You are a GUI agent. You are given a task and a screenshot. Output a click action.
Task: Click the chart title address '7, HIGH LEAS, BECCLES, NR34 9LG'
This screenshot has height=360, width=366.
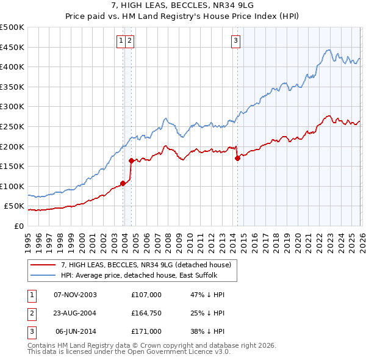click(x=183, y=5)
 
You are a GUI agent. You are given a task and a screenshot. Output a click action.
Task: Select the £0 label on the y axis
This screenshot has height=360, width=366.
click(x=18, y=226)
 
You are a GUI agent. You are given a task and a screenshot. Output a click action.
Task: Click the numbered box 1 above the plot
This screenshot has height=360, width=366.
click(x=121, y=41)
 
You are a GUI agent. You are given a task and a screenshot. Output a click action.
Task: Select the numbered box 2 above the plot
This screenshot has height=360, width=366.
click(x=131, y=41)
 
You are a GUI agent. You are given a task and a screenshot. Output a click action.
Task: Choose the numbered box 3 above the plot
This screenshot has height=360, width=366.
click(x=235, y=41)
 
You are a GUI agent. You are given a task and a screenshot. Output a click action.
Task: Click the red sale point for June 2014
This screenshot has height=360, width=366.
click(x=237, y=158)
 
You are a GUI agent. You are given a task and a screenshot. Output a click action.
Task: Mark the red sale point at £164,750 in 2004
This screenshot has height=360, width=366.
click(x=131, y=160)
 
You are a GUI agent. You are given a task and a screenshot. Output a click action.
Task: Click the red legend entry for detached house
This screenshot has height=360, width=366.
click(x=146, y=265)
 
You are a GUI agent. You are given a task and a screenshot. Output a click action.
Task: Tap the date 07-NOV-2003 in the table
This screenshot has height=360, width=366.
click(x=76, y=295)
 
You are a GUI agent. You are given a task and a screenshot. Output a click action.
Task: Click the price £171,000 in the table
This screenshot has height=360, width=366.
click(x=146, y=331)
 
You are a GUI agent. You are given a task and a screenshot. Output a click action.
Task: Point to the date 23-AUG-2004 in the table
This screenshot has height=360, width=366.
click(x=76, y=313)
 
